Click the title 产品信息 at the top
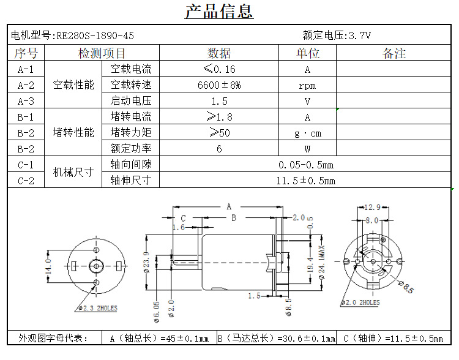click(x=219, y=12)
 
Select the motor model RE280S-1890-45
click(x=95, y=36)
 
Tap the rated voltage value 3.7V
click(x=359, y=36)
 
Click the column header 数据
click(x=219, y=53)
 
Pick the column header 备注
click(x=394, y=53)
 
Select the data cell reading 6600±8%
click(x=219, y=85)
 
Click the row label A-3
click(x=26, y=101)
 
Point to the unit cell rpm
click(x=307, y=86)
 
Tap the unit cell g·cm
click(x=308, y=133)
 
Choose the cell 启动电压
click(x=131, y=101)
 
